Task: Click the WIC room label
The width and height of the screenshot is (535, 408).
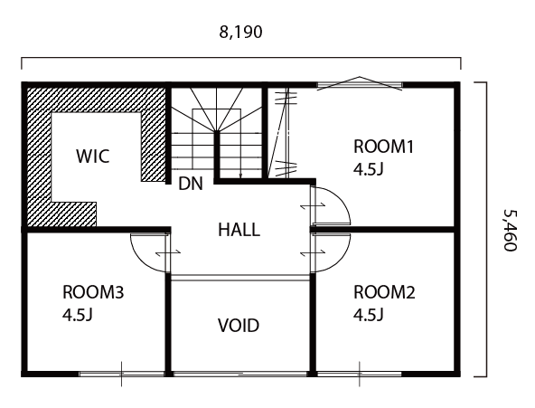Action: coord(93,156)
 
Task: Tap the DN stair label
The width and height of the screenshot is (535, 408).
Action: coord(191,184)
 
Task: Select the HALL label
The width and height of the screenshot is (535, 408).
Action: coord(239,230)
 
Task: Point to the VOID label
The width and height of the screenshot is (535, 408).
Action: coord(239,326)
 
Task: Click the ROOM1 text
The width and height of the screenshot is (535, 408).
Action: coord(383,147)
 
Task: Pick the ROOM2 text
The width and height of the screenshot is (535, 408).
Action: coord(384,292)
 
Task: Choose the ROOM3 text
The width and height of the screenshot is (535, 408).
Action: coord(93,292)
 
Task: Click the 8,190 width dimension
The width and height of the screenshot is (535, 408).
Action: coord(240,32)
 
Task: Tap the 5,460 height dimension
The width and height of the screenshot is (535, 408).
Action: coord(511,230)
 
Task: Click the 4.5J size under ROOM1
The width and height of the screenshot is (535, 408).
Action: coord(369,169)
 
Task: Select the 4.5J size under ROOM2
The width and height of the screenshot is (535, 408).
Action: coord(369,315)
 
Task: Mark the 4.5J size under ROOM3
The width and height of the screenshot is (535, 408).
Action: coord(78,315)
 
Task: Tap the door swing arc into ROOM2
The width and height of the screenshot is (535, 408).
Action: coord(342,260)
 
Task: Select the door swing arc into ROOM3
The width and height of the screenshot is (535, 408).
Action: coord(140,260)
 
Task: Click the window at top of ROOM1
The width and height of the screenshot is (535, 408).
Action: coord(360,84)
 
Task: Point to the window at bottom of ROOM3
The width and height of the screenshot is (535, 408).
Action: coord(122,374)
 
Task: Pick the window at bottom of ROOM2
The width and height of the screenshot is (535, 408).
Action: coord(360,374)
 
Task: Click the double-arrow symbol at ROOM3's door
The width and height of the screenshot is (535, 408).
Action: coord(168,252)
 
